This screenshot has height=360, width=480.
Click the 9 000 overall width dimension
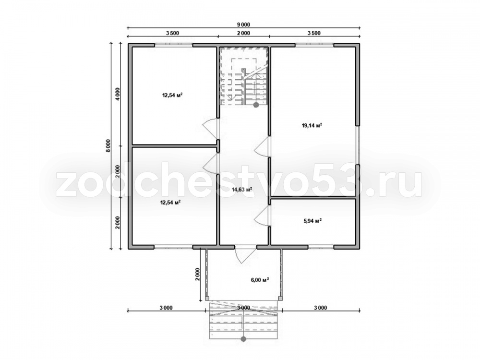point(244,25)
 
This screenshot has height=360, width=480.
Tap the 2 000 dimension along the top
point(244,33)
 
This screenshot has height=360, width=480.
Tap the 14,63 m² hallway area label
point(242,190)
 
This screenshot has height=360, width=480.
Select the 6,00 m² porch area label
point(260,280)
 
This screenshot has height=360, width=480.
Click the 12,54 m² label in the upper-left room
point(172,95)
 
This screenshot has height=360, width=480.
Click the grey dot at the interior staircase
point(256,105)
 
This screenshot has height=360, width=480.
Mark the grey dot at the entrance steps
point(244,339)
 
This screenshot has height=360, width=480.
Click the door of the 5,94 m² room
point(262,216)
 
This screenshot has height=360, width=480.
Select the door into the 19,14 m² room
point(262,147)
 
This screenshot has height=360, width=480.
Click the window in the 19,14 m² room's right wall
point(357,145)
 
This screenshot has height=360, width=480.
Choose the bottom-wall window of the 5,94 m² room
point(321,247)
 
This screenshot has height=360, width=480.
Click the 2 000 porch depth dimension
point(197,274)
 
